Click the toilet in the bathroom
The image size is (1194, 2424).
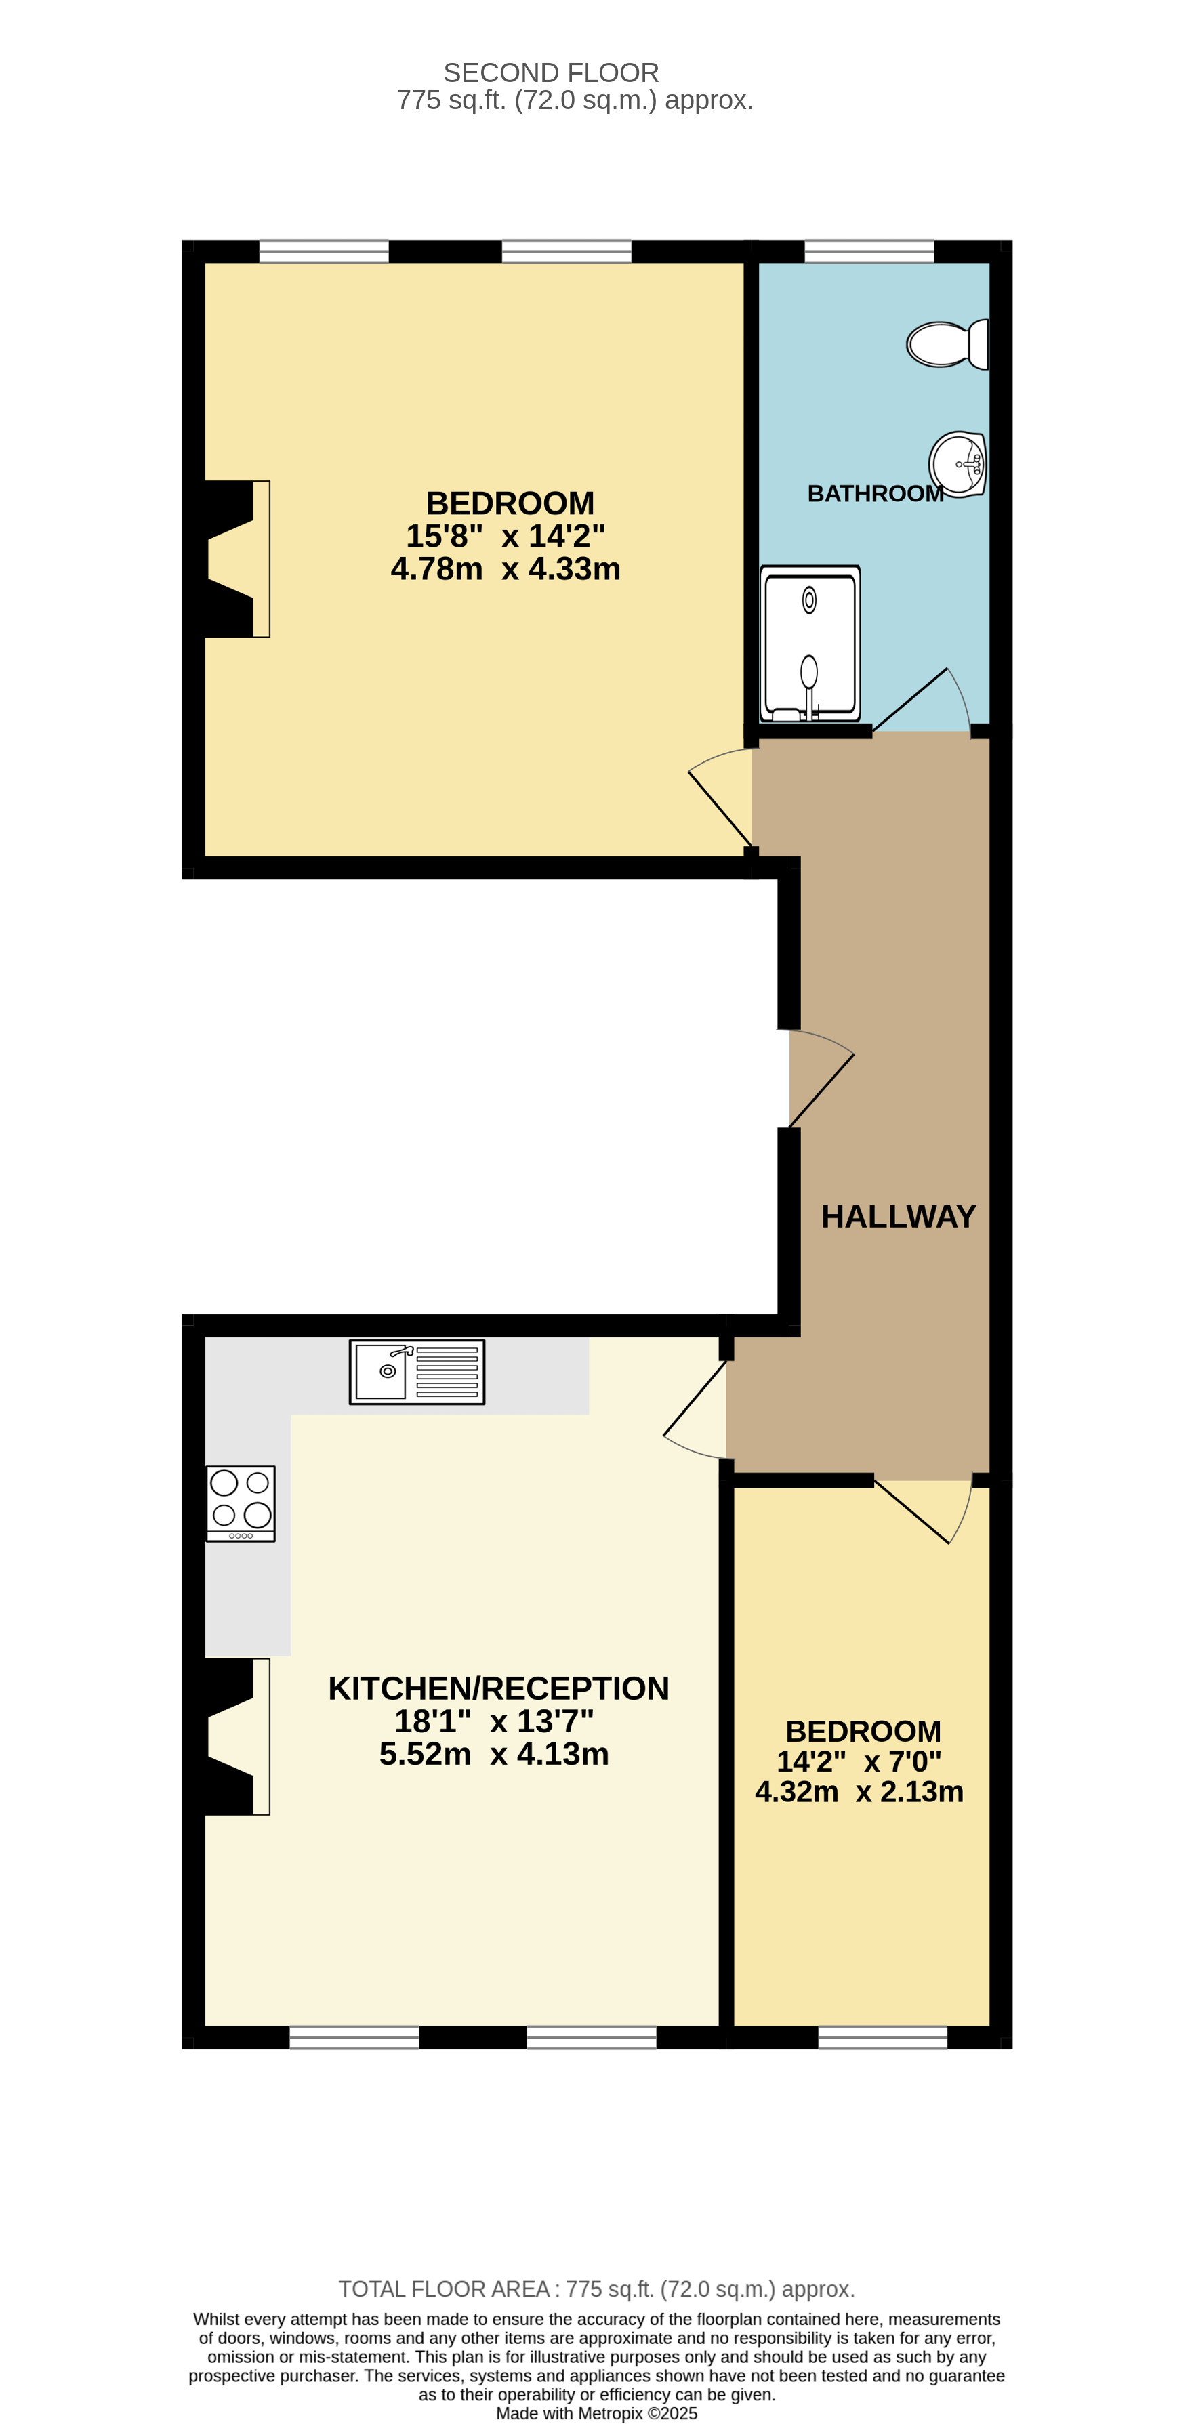click(945, 344)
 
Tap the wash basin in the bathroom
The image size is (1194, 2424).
click(957, 464)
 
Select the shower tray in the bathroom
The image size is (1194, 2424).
click(809, 644)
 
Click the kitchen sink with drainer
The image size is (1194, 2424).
click(417, 1372)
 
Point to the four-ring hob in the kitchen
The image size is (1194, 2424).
click(241, 1503)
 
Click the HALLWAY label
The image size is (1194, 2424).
click(898, 1217)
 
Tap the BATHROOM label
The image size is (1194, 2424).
click(874, 494)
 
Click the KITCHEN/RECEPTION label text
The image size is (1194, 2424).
click(498, 1688)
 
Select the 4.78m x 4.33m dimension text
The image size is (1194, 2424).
click(506, 569)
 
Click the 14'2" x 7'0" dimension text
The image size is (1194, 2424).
click(858, 1761)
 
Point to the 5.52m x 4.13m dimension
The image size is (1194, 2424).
click(494, 1754)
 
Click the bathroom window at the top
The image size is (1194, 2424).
click(869, 251)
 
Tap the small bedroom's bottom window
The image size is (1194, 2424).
click(882, 2037)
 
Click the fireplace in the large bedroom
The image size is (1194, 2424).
click(235, 559)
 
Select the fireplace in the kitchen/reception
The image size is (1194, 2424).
click(235, 1736)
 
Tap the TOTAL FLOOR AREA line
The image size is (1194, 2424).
click(596, 2289)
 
